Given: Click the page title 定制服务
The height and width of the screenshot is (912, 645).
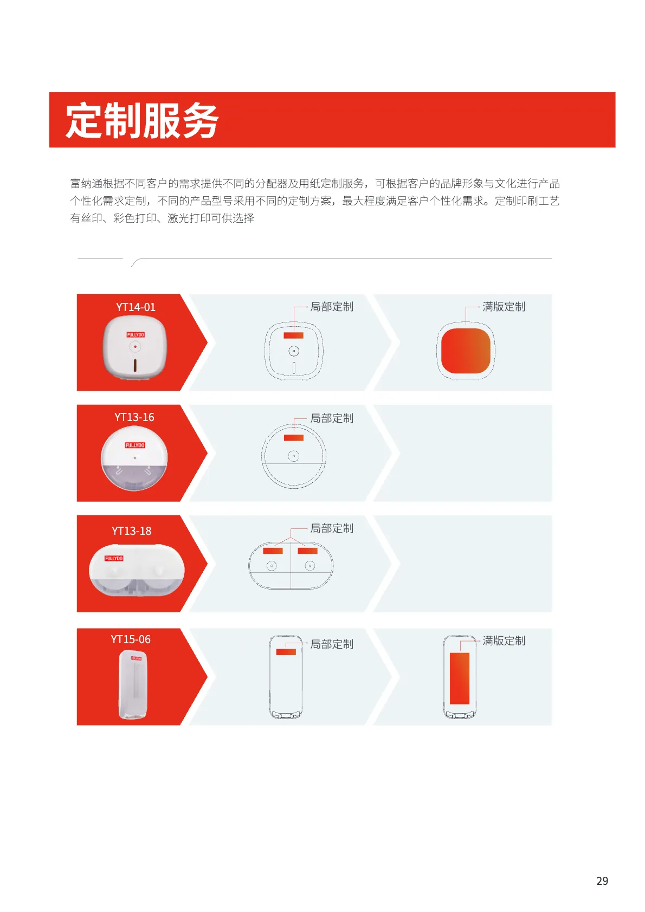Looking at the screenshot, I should point(142,120).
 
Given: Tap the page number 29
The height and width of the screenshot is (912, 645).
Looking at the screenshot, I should point(602,881).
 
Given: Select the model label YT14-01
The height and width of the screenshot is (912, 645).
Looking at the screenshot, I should point(136,307).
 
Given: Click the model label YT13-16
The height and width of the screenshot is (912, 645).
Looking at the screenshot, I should point(134,417).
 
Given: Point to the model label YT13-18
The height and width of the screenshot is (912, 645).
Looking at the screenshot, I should point(131,531).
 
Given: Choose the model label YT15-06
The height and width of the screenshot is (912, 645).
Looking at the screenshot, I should point(131,639).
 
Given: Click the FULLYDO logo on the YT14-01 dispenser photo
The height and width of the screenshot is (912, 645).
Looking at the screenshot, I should point(136,335).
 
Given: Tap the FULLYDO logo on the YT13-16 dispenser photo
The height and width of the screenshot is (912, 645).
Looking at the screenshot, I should point(135,445).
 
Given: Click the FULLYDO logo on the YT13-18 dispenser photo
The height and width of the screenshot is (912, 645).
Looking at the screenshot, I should point(114,558).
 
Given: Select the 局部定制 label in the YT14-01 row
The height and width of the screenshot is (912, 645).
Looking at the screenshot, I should point(331,307).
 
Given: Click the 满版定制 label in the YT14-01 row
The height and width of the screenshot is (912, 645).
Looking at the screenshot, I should point(504,307).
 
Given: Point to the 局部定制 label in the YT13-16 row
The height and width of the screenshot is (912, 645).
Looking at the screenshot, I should point(331,418).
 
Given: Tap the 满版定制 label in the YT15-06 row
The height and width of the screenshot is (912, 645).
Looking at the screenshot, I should point(504,641).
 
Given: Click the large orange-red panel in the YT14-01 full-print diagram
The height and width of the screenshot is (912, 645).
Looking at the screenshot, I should point(466,351).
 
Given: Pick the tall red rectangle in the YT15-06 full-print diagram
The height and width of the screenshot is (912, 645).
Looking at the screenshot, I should point(460,678).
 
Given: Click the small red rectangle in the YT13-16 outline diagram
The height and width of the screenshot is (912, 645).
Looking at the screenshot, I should point(294,438).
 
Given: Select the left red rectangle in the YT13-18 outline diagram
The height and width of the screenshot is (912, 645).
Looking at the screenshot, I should point(273,551).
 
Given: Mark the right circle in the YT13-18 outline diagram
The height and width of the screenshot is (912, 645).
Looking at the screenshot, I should point(309,566).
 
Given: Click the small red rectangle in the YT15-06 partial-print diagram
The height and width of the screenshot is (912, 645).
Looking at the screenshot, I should point(286,652).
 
